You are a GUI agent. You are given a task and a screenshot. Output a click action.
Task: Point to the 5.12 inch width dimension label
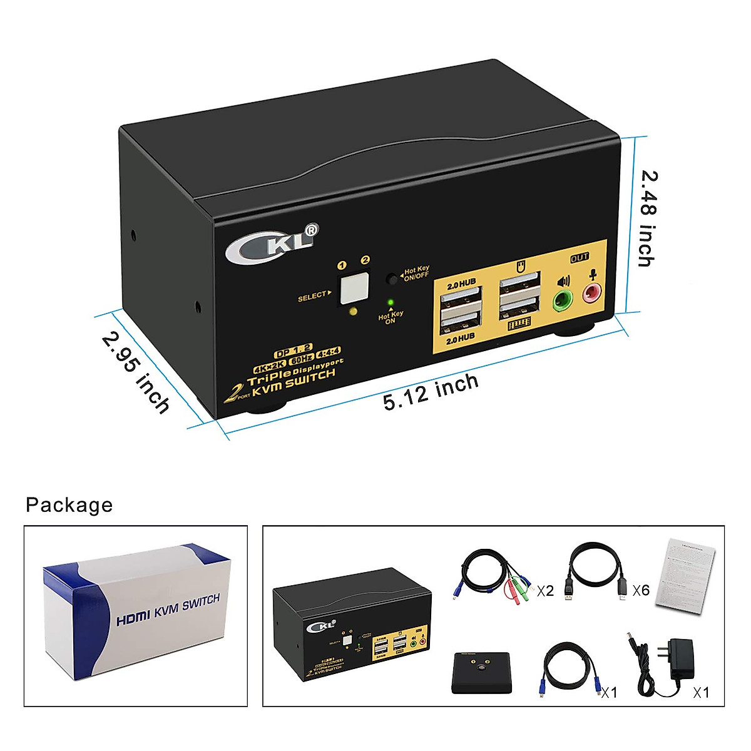(431, 392)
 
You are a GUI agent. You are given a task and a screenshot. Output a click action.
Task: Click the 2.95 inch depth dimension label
(136, 372)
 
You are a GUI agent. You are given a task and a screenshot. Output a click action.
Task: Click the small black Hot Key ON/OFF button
(392, 277)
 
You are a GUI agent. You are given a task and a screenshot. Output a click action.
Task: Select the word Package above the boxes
(69, 504)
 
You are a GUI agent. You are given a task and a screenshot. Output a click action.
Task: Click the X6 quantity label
(641, 590)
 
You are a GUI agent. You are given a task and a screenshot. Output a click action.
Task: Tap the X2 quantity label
(545, 590)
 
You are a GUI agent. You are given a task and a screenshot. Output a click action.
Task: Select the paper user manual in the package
(685, 572)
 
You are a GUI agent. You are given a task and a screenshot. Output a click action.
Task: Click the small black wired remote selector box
(482, 672)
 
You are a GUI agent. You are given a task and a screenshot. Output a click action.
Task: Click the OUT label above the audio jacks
(580, 257)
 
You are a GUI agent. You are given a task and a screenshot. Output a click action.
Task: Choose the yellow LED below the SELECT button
(354, 312)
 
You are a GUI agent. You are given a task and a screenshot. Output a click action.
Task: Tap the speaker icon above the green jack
(563, 281)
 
